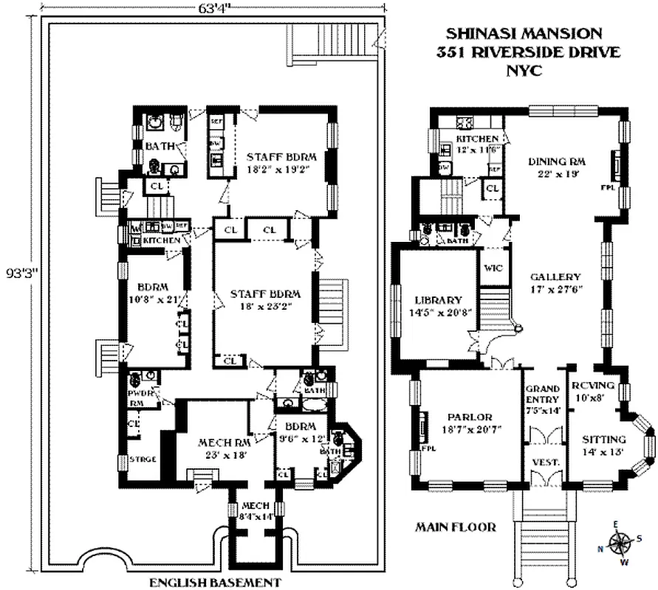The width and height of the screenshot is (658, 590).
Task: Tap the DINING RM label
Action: tap(557, 162)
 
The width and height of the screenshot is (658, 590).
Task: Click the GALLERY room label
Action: tap(555, 277)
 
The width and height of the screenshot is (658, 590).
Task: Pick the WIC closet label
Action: tap(493, 268)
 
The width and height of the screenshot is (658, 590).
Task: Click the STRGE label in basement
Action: tap(143, 459)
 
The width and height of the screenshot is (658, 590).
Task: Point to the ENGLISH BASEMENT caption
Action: tap(215, 583)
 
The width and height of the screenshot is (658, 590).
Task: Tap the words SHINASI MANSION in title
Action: tap(524, 34)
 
